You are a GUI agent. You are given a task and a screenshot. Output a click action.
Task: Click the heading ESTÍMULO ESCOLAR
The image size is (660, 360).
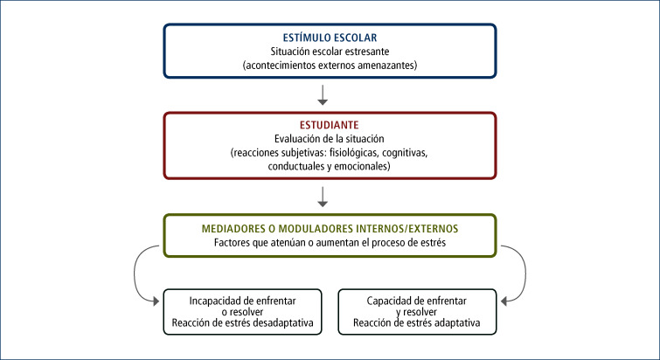click(x=330, y=38)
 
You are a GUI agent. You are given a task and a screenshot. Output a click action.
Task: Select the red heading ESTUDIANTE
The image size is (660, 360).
click(x=330, y=125)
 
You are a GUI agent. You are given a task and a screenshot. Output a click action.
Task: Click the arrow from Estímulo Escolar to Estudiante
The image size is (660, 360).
click(x=323, y=95)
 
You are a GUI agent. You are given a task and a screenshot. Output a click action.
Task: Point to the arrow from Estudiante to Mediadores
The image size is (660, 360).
click(x=323, y=197)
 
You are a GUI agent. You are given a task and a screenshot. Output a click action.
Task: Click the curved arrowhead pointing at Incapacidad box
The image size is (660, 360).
click(x=156, y=301)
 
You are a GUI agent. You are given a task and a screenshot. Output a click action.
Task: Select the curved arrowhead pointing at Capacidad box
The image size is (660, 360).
click(x=504, y=301)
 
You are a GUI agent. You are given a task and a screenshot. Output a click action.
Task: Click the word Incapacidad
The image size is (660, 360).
click(x=214, y=301)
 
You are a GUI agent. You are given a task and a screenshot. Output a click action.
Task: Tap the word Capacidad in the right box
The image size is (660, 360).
click(x=387, y=301)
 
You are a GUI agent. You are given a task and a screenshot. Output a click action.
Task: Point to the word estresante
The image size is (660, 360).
click(x=367, y=52)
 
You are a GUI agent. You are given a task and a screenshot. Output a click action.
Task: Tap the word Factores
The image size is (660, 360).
click(x=232, y=243)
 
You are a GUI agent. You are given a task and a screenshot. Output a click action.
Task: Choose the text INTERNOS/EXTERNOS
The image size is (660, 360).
click(x=407, y=229)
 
